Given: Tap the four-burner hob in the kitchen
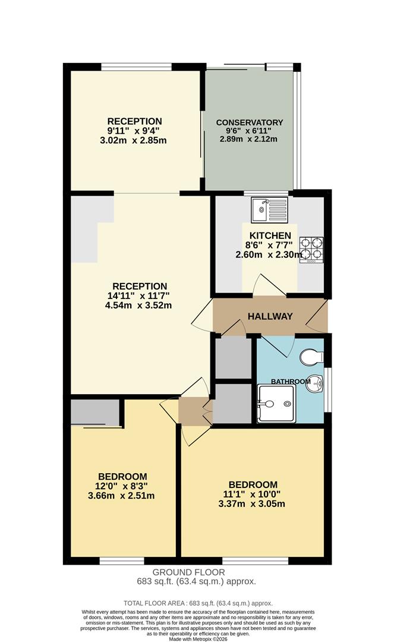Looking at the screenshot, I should (311, 250).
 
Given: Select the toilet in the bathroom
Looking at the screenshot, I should (311, 358).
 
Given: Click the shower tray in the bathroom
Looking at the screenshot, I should (276, 404).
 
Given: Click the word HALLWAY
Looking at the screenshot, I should (270, 316).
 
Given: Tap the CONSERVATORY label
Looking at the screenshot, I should (250, 122).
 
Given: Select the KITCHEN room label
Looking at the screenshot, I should (270, 235).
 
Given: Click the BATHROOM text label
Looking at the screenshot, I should (291, 381).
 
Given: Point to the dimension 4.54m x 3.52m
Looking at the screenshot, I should (138, 306).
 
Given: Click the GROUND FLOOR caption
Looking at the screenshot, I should (197, 572).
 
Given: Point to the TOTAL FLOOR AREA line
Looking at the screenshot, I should (197, 602).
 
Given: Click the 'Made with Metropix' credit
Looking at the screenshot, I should (197, 638).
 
